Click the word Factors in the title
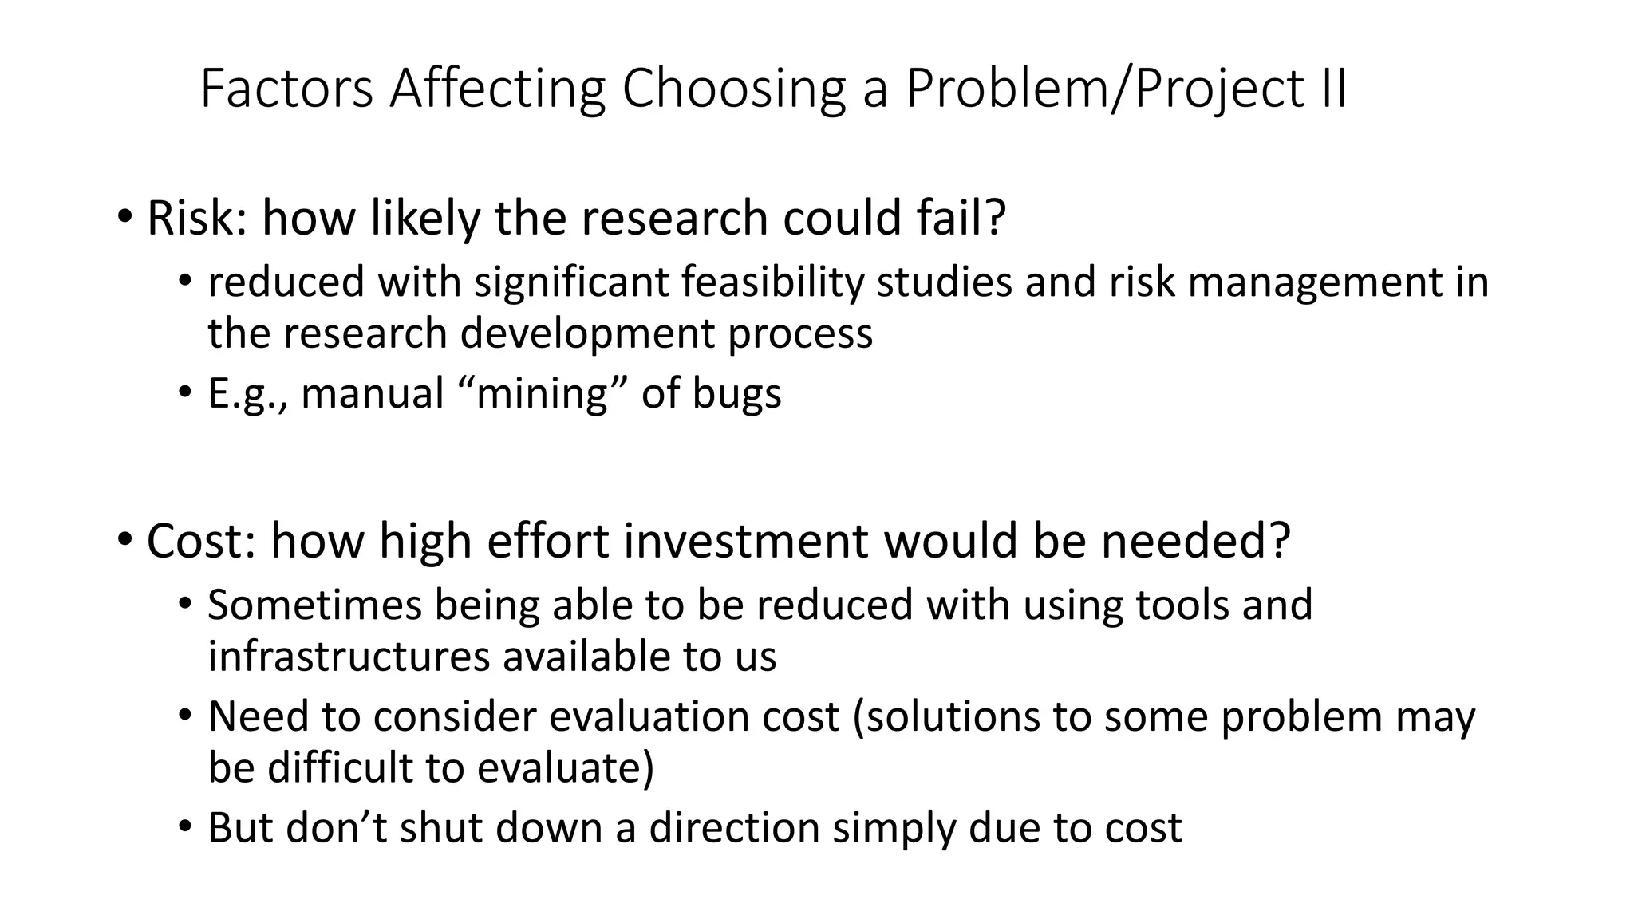coord(286,89)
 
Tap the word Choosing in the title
coord(733,90)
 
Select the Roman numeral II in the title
coord(1328,89)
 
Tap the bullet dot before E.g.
coord(185,393)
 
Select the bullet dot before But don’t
coord(185,827)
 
